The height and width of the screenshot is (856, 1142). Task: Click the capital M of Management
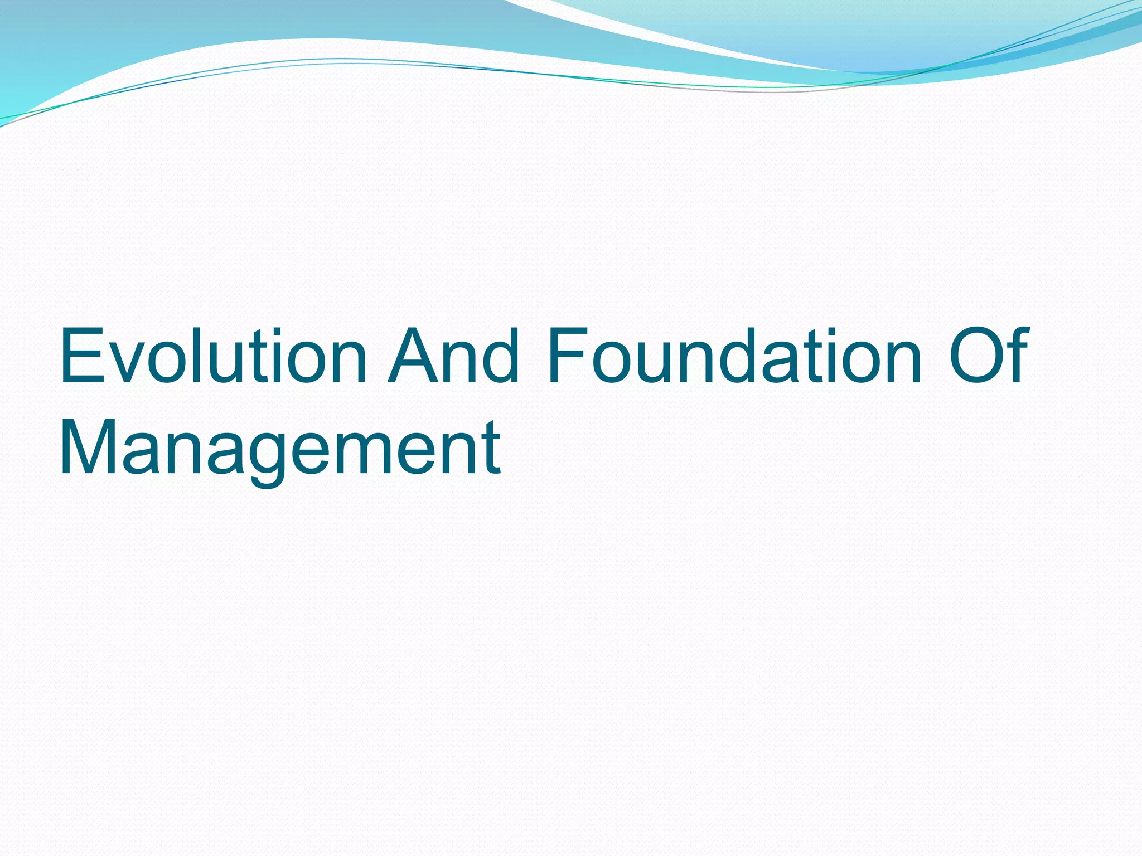[90, 449]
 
